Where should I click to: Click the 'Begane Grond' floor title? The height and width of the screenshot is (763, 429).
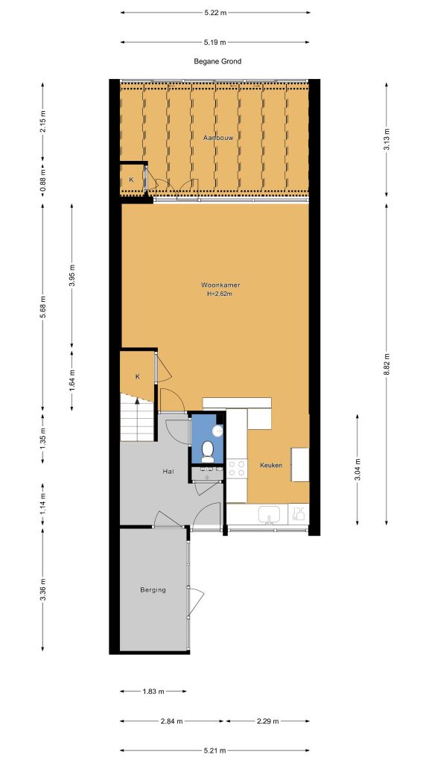coord(217,61)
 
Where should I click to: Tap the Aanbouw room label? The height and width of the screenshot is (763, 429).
coord(218,138)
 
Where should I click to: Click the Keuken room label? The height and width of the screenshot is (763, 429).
coord(271,465)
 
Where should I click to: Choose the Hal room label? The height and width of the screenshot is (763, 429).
coord(168,471)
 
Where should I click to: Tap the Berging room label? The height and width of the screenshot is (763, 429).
coord(153,590)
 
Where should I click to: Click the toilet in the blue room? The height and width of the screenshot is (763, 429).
coord(208,452)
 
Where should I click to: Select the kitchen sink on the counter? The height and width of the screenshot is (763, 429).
coord(269,514)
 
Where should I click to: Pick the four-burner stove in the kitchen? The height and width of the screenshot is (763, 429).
coord(237,468)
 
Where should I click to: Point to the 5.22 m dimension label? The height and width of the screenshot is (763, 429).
coord(215,13)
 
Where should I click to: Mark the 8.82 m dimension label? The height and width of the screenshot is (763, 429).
coord(387,364)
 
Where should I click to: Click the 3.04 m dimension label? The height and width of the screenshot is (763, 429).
coord(357,469)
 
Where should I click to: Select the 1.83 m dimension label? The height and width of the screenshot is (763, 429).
coord(153,691)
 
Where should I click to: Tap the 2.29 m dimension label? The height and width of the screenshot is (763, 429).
coord(267,721)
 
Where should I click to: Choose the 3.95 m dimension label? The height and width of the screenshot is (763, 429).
coord(72,275)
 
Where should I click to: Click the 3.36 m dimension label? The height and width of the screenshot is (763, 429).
coord(42,589)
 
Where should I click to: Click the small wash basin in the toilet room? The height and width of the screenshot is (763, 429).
coord(218,431)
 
